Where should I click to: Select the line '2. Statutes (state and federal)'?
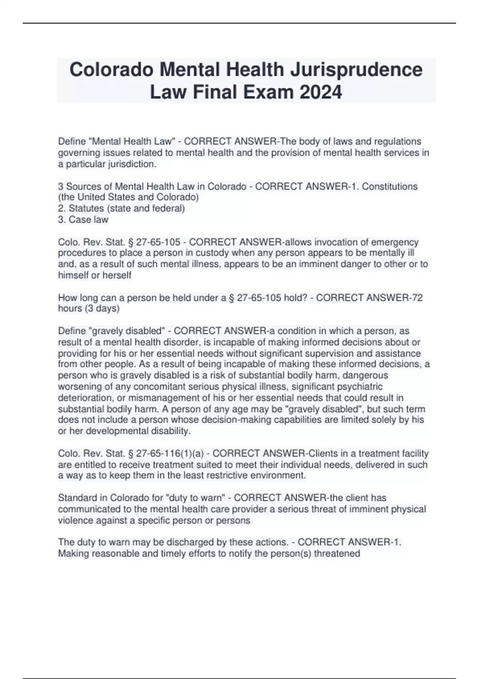coord(121,208)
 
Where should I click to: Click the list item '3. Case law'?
coord(83,220)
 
